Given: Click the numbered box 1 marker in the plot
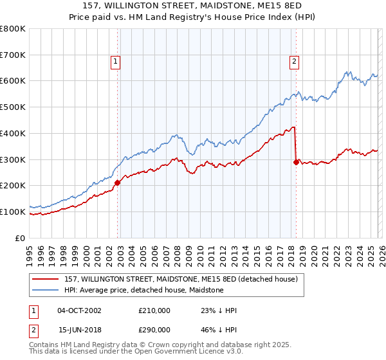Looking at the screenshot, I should click(115, 62).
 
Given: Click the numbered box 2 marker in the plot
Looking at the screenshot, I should click(294, 62).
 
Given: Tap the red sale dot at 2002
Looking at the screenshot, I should click(118, 183).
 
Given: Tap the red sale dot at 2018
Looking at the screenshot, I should click(296, 162).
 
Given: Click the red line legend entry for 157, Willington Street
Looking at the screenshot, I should click(181, 279).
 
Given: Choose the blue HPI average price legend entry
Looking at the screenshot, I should click(143, 290).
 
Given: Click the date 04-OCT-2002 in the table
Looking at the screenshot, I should click(79, 310).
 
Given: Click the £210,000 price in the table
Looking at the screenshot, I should click(154, 310).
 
